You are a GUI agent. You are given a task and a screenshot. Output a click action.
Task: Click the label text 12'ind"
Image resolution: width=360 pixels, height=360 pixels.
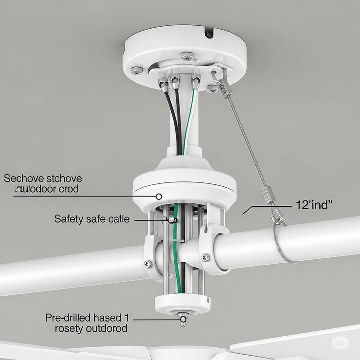coord(314,205)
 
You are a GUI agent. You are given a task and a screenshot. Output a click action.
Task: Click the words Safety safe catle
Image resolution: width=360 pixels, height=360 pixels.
coord(92,219)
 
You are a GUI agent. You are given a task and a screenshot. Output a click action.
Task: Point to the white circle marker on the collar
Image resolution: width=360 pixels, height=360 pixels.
coord(159,197)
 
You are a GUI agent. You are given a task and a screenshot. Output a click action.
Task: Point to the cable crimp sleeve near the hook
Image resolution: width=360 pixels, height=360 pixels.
coord(267,193)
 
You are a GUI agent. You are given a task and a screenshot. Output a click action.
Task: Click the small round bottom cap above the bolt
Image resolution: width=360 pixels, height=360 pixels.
coord(183,304)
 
